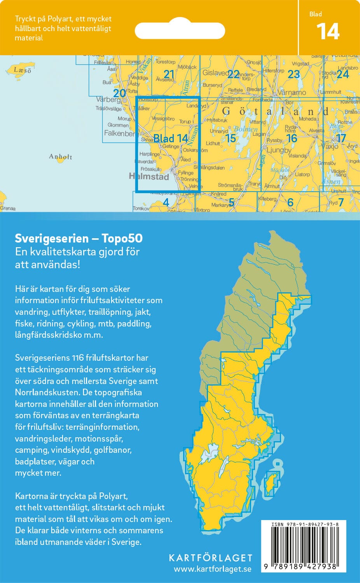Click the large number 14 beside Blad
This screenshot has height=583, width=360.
pyautogui.click(x=328, y=31)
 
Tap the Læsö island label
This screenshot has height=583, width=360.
pyautogui.click(x=22, y=70)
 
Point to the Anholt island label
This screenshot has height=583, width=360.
pyautogui.click(x=60, y=157)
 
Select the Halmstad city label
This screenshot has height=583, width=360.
pyautogui.click(x=149, y=177)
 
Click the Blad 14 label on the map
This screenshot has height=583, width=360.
pyautogui.click(x=171, y=138)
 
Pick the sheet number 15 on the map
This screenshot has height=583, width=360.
pyautogui.click(x=231, y=138)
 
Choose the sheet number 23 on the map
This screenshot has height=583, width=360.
pyautogui.click(x=294, y=74)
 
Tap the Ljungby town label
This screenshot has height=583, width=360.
pyautogui.click(x=279, y=150)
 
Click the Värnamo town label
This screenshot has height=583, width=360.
pyautogui.click(x=291, y=93)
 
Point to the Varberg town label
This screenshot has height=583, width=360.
pyautogui.click(x=108, y=100)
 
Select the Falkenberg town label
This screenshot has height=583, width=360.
pyautogui.click(x=119, y=133)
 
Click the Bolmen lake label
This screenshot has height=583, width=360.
pyautogui.click(x=246, y=129)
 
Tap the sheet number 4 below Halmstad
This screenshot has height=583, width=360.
pyautogui.click(x=166, y=202)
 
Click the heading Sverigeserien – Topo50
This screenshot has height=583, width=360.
pyautogui.click(x=79, y=238)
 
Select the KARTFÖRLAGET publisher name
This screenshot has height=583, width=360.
pyautogui.click(x=210, y=558)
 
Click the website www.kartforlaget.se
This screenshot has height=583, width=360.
pyautogui.click(x=212, y=569)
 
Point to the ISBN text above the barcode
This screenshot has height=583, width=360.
pyautogui.click(x=305, y=524)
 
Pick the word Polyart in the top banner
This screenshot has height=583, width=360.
pyautogui.click(x=52, y=19)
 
